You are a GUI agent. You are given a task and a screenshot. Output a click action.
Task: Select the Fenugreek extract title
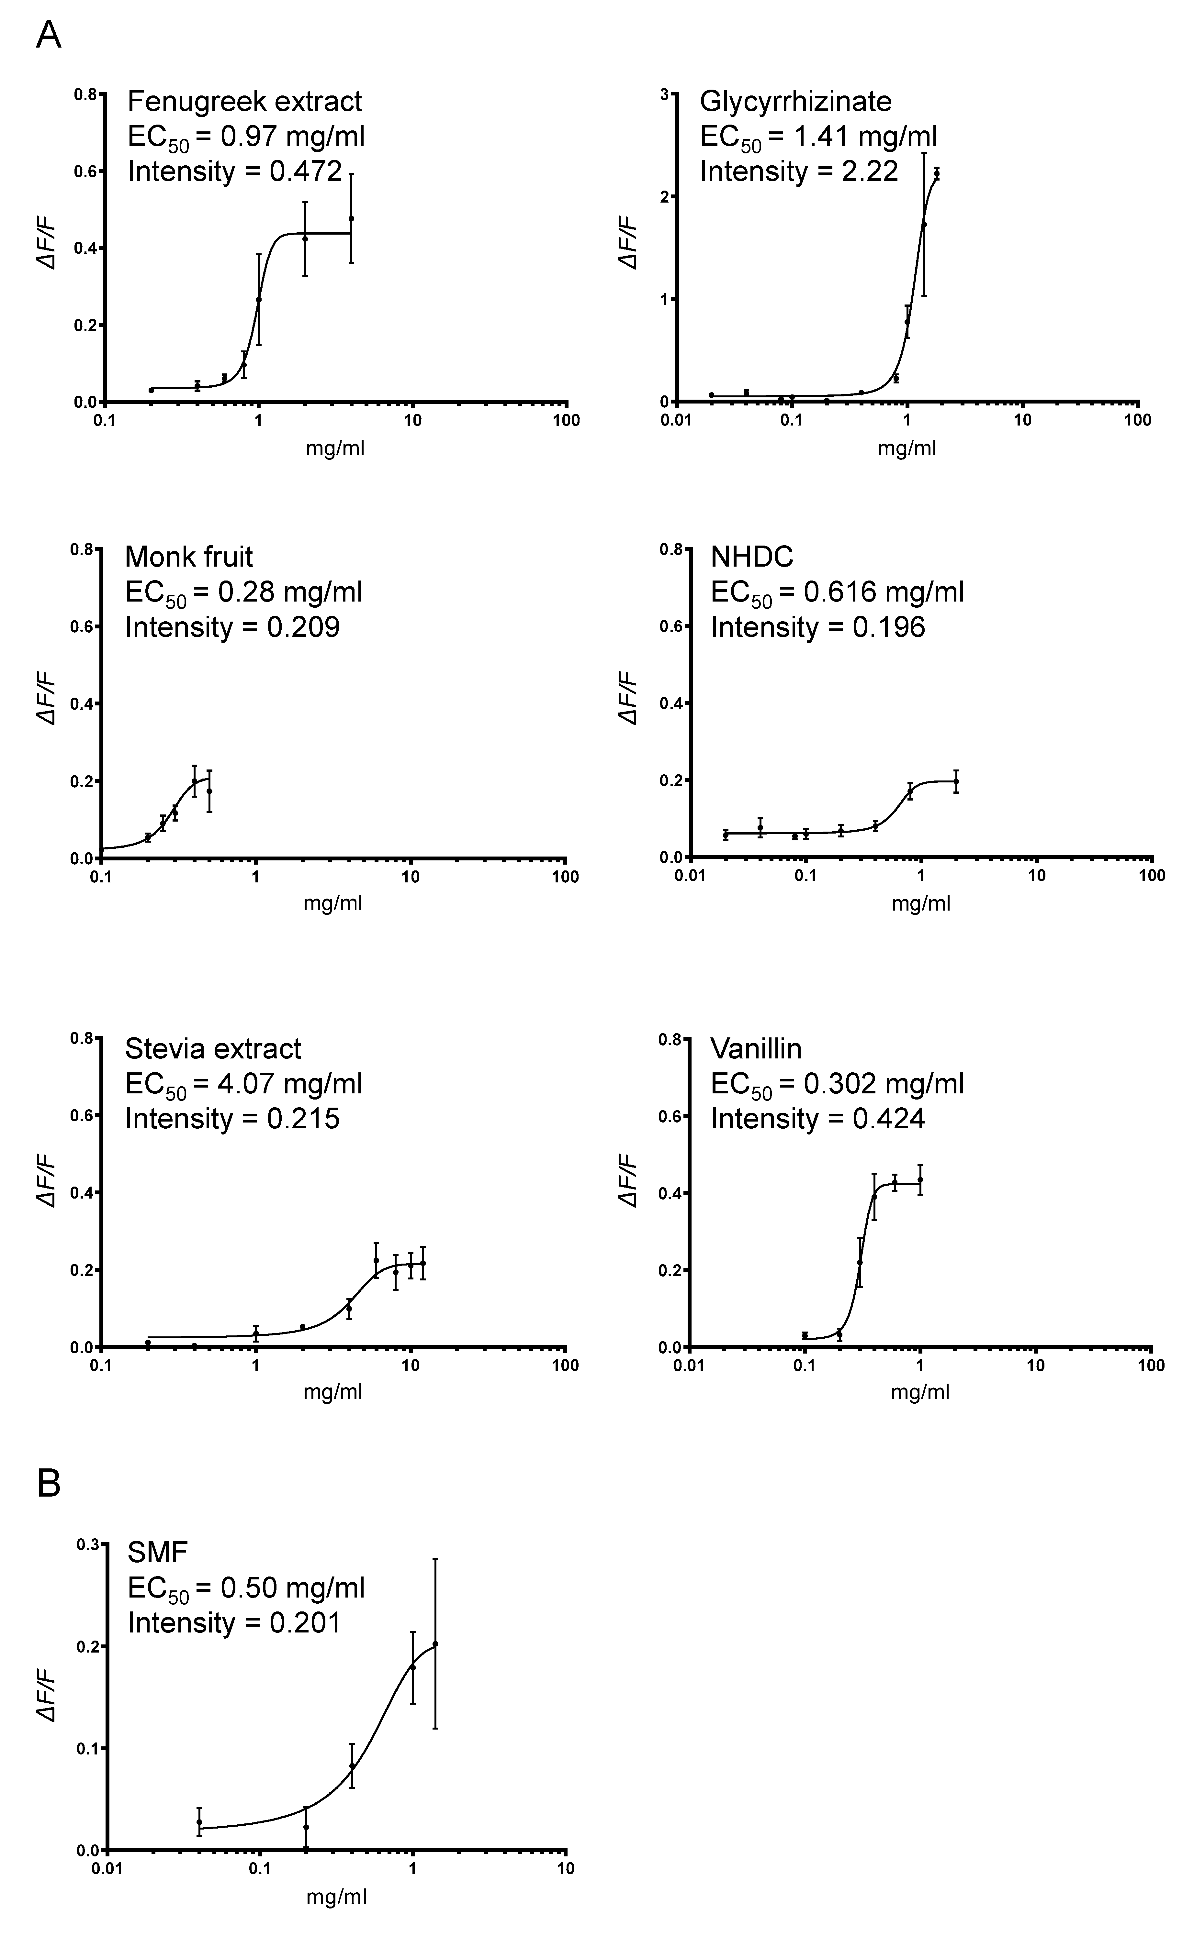pyautogui.click(x=245, y=102)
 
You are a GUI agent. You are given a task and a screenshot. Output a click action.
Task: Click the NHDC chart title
pyautogui.click(x=752, y=557)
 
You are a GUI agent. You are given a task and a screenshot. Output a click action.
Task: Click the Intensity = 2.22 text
pyautogui.click(x=799, y=171)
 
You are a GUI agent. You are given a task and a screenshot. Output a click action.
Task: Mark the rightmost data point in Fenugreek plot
pyautogui.click(x=351, y=219)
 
